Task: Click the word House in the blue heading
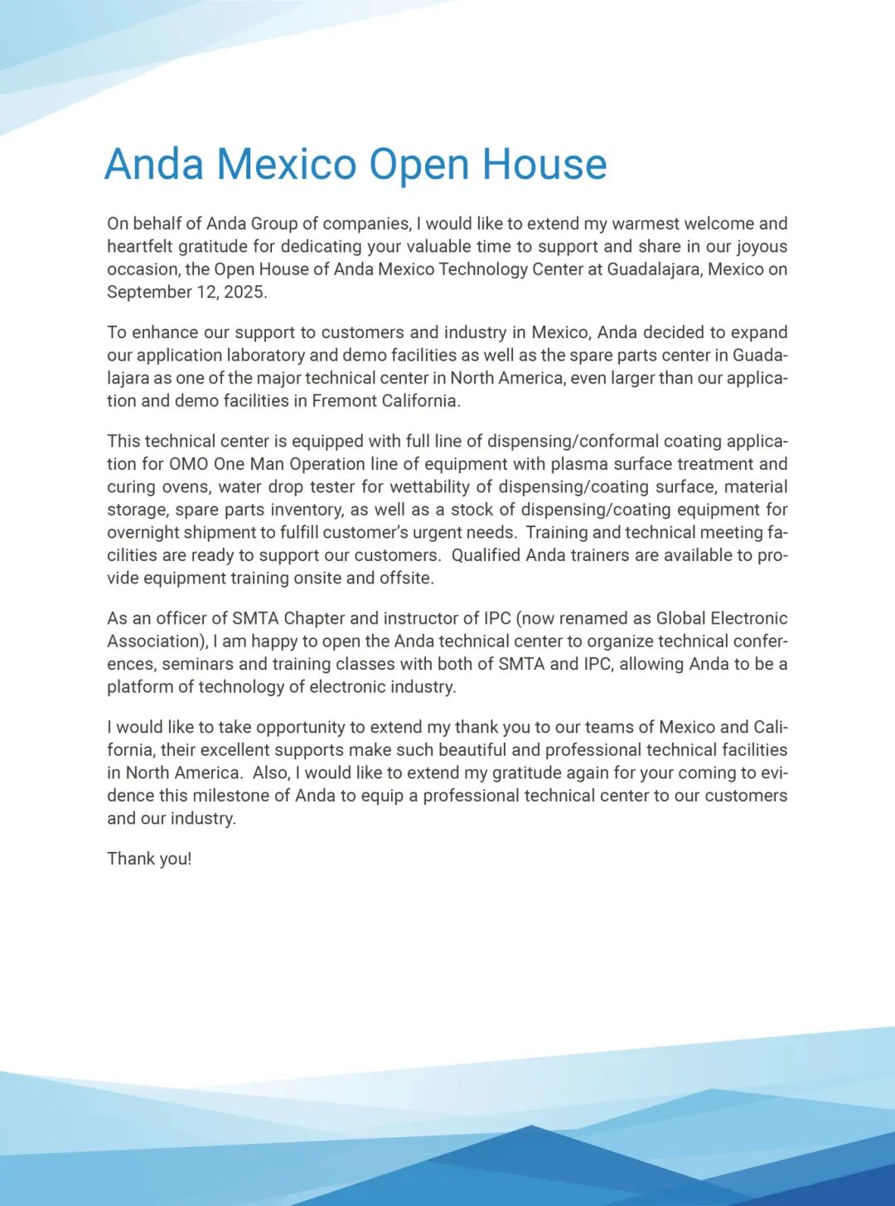coord(544,164)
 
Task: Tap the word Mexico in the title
coord(287,164)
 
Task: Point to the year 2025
coord(244,292)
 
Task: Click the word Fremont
coord(344,400)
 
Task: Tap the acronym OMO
coord(188,464)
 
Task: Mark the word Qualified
coord(485,555)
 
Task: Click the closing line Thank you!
coord(149,859)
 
